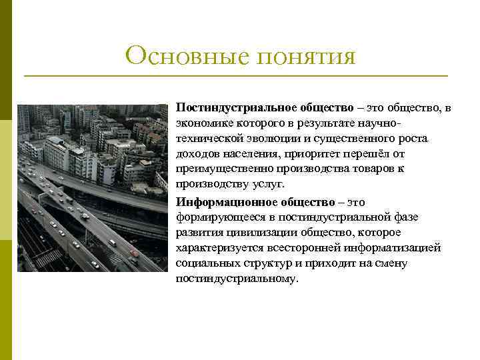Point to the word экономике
201,123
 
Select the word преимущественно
219,169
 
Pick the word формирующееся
215,217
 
